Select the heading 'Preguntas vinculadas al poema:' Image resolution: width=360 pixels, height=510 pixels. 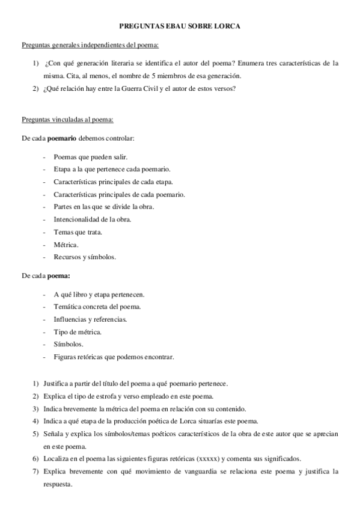[x=72, y=120]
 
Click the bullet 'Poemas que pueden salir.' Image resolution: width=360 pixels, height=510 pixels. [x=87, y=156]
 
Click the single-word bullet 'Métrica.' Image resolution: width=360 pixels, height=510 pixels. [x=66, y=244]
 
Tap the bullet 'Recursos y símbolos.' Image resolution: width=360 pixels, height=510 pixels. [x=84, y=257]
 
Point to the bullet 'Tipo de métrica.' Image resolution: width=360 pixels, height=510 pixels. [x=78, y=331]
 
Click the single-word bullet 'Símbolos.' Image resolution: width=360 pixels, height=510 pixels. [x=69, y=344]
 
